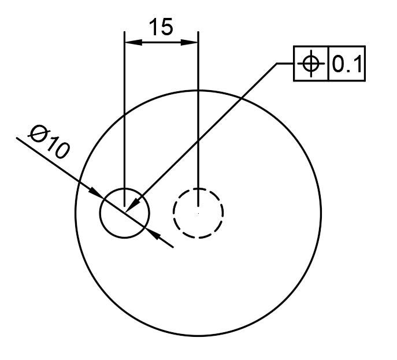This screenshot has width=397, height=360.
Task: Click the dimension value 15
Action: (x=161, y=27)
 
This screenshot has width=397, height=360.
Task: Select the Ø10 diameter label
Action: (x=49, y=142)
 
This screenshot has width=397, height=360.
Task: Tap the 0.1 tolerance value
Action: (x=347, y=64)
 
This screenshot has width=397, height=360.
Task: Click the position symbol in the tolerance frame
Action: (x=311, y=64)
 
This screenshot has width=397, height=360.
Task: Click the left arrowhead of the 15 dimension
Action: (x=133, y=42)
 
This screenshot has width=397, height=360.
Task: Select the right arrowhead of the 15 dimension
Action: (x=189, y=42)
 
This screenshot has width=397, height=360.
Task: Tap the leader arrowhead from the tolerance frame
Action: (x=133, y=204)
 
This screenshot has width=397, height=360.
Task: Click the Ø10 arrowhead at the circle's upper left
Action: (x=96, y=193)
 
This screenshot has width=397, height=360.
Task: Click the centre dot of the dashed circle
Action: (x=199, y=213)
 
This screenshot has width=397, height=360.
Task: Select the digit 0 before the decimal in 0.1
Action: (x=337, y=64)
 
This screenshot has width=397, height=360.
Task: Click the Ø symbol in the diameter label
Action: (x=38, y=133)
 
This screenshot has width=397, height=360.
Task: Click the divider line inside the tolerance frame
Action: (x=328, y=64)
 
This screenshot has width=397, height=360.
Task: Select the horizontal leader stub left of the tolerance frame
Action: (x=285, y=64)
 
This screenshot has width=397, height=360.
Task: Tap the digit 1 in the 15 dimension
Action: (x=154, y=27)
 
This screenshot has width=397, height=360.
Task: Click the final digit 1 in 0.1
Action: (x=358, y=64)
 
